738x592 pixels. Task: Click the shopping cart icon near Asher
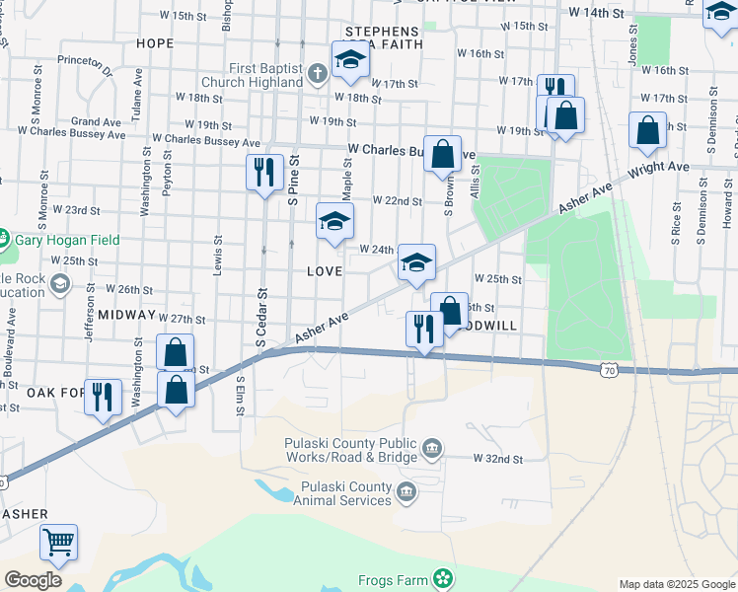click(x=58, y=541)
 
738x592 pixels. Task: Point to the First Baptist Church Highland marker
click(x=317, y=72)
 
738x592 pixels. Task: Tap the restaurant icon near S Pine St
click(x=263, y=173)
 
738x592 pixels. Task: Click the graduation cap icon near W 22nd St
click(x=334, y=222)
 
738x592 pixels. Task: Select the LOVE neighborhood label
click(x=324, y=270)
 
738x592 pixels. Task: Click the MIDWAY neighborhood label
click(x=126, y=315)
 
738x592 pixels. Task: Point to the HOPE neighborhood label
click(x=155, y=43)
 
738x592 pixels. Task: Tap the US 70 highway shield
click(x=608, y=368)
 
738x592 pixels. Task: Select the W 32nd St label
click(x=497, y=459)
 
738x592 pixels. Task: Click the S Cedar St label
click(x=262, y=317)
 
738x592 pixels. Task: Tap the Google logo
click(x=33, y=580)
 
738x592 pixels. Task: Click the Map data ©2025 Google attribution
click(x=676, y=584)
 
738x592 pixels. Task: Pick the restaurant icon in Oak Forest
click(x=103, y=397)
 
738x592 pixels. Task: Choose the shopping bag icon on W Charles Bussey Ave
click(x=443, y=153)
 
